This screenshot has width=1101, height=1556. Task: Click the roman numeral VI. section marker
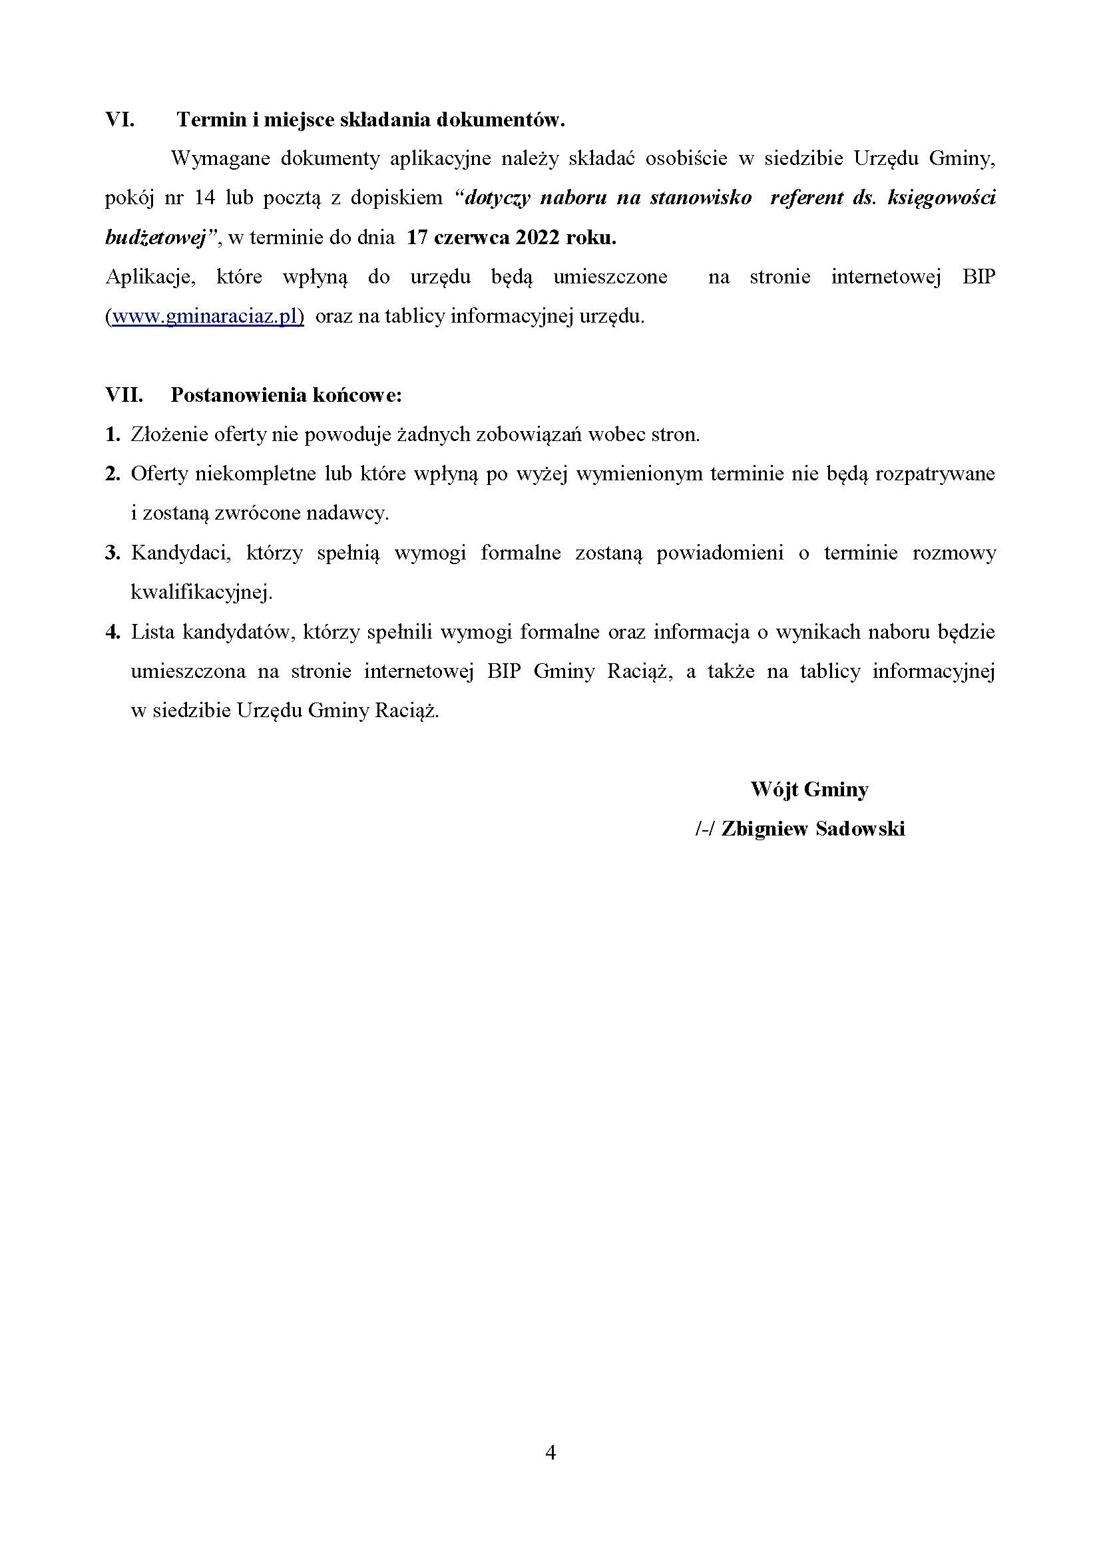[119, 120]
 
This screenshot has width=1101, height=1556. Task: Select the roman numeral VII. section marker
[124, 395]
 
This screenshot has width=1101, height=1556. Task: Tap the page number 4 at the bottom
[550, 1452]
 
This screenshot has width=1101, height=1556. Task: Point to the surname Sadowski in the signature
[860, 829]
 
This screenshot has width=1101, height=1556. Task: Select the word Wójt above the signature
[774, 790]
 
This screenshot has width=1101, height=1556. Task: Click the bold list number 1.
[112, 434]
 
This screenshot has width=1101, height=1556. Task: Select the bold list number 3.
[112, 553]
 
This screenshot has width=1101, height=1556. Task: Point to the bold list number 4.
[112, 632]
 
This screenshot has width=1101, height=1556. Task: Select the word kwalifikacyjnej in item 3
[200, 593]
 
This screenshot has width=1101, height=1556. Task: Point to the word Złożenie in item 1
[169, 434]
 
